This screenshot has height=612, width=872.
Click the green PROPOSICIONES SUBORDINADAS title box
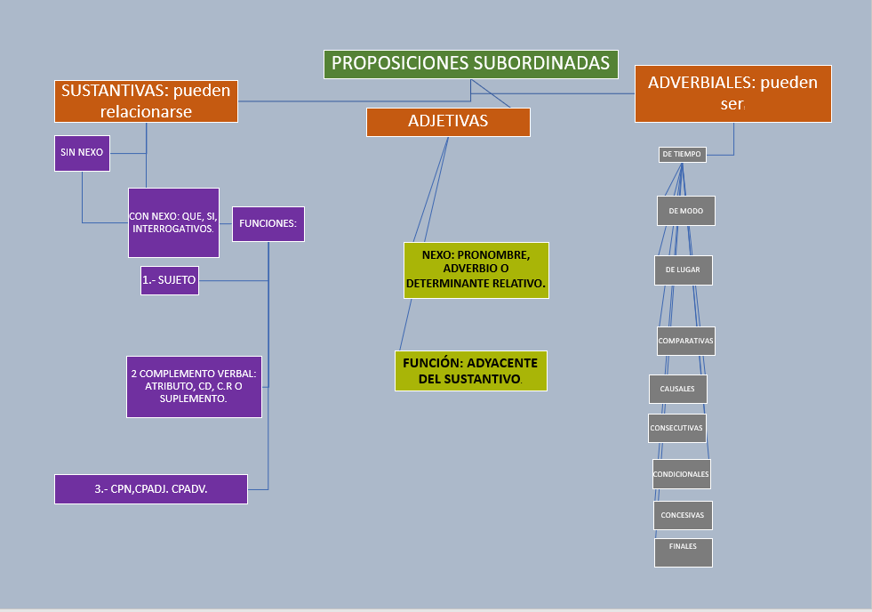coord(470,64)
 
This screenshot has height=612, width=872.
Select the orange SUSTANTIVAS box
coord(146,101)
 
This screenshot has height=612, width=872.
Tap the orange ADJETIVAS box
coord(448,122)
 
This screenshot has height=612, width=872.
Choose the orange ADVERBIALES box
coord(732,93)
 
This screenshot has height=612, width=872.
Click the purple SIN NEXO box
coord(82,153)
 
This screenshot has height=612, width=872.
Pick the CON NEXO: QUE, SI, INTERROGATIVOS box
coord(173,222)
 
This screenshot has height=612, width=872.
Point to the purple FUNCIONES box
coord(268,223)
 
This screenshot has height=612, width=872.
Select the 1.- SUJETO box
coord(169,280)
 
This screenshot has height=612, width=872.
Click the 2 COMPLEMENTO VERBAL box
coord(194,386)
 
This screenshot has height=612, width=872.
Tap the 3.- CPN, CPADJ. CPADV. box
coord(151,488)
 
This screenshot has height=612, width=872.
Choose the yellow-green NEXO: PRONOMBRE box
coord(476,270)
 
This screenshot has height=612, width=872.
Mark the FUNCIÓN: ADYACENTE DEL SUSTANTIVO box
coord(471,371)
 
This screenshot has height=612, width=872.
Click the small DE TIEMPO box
coord(682,154)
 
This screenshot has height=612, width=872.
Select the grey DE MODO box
coord(685,211)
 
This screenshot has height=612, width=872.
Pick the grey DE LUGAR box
coord(683,270)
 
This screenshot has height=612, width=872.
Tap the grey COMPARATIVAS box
coord(685,341)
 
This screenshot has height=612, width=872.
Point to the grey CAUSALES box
coord(677,389)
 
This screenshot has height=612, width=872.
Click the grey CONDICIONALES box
coord(681,474)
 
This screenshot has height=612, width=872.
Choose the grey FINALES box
coord(683,552)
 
